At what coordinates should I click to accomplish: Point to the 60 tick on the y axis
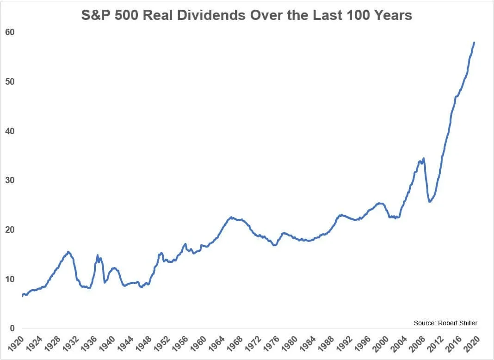click(10, 32)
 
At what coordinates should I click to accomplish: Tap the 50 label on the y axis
click(10, 82)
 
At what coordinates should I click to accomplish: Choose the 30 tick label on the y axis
click(10, 180)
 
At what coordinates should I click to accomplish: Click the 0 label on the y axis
click(12, 329)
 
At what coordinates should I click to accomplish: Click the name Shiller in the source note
click(467, 323)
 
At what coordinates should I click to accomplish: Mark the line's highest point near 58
click(474, 43)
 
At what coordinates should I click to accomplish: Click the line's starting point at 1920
click(22, 296)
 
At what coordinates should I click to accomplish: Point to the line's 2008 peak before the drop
click(423, 158)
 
